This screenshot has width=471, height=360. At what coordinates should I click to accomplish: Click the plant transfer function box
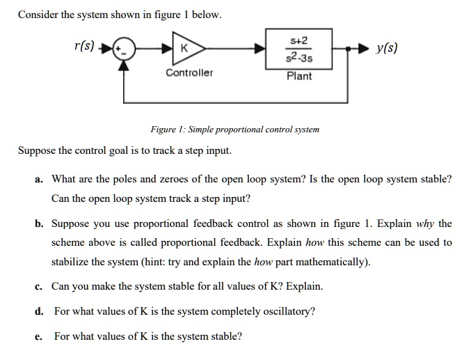coord(299,49)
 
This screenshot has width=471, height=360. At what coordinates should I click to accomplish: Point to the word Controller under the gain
coord(189,73)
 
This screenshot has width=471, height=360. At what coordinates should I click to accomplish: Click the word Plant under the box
coord(299,75)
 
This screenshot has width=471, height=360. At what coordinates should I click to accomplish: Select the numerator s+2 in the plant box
coord(299,41)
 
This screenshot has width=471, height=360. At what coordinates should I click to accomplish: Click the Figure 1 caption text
coord(235,130)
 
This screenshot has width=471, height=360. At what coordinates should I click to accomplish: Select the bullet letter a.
coord(39,180)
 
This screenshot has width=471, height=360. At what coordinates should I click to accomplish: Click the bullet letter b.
coord(39,224)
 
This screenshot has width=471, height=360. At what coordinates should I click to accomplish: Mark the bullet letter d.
coord(39,311)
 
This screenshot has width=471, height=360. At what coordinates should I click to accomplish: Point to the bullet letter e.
coord(39,336)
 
